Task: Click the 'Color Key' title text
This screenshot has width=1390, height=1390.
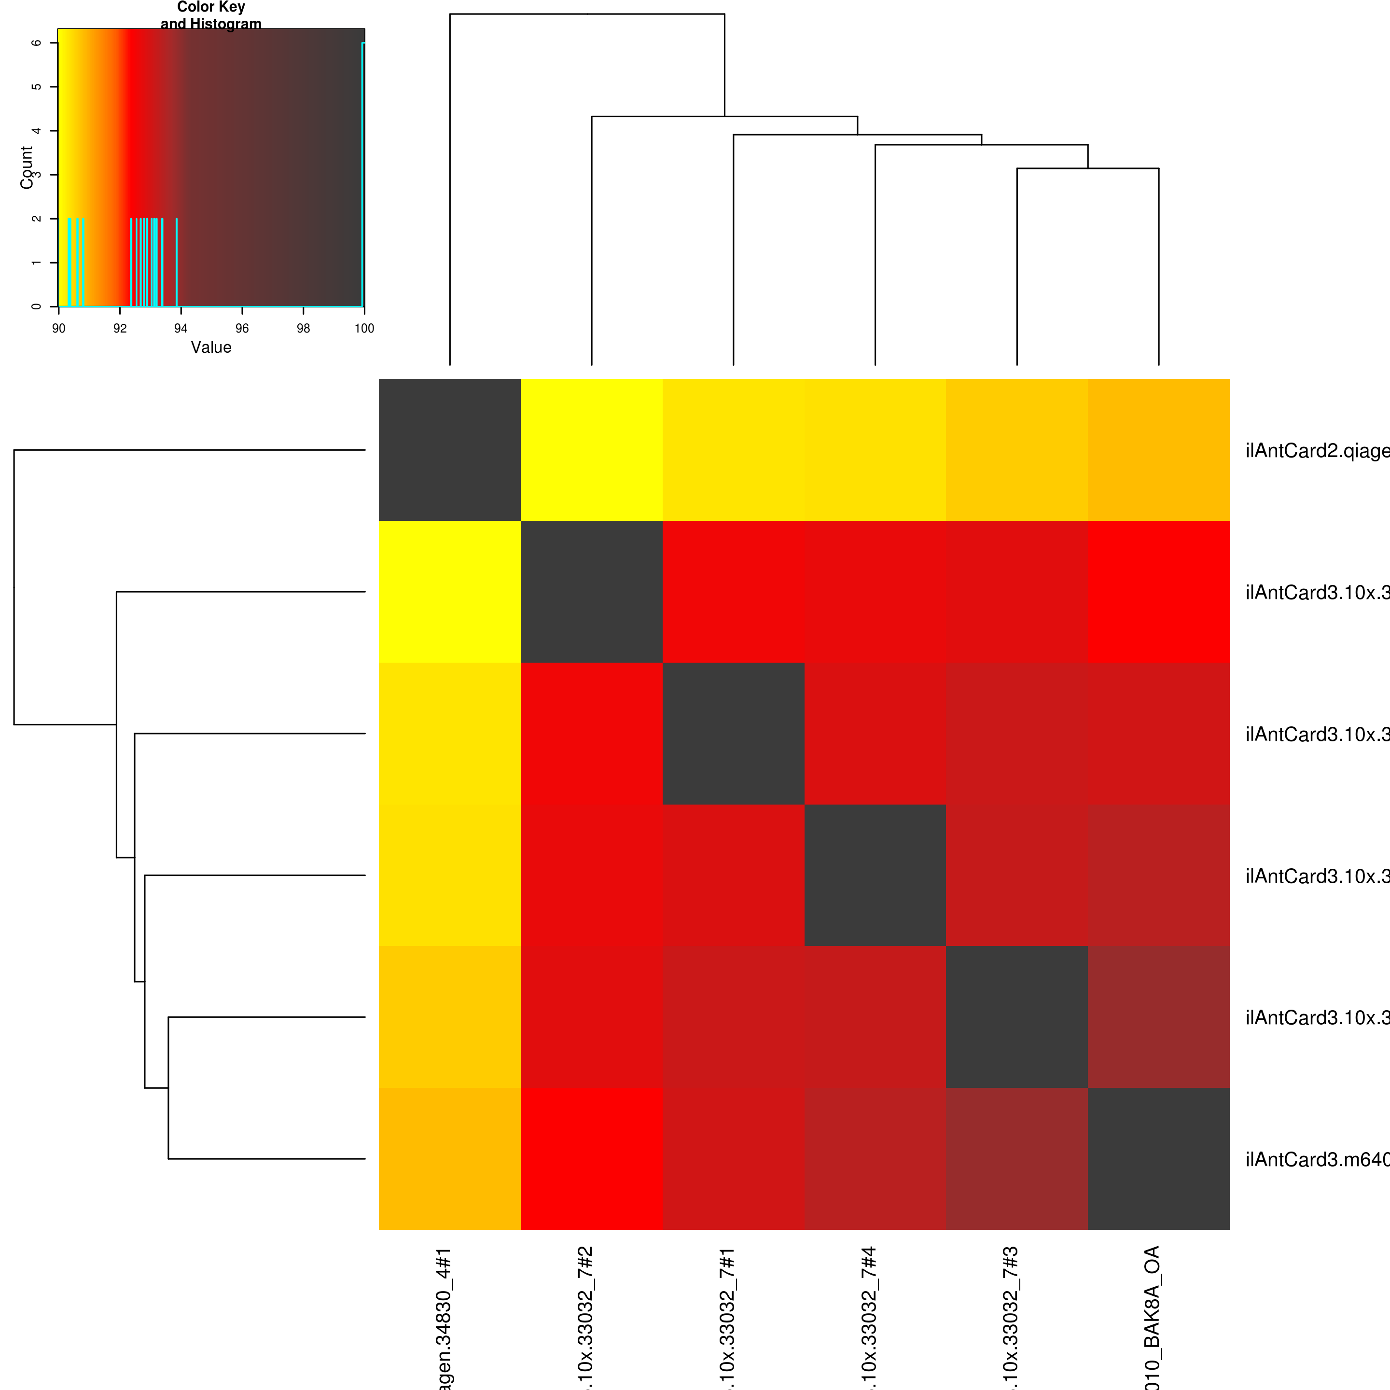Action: click(211, 8)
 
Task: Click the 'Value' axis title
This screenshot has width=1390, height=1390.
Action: click(211, 347)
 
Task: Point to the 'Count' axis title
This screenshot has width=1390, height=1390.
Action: click(27, 167)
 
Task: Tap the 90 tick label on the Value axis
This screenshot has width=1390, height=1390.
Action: click(58, 329)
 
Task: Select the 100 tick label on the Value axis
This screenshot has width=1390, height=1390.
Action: click(364, 329)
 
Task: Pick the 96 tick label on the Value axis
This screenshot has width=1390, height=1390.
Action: click(242, 329)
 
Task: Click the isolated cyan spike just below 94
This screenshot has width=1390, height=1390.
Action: click(176, 263)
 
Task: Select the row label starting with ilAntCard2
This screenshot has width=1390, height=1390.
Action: click(1317, 451)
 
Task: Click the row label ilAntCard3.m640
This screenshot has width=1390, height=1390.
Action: click(1317, 1160)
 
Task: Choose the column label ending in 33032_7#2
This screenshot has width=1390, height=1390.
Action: click(585, 1317)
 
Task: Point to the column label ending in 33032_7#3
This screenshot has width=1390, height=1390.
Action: click(1011, 1317)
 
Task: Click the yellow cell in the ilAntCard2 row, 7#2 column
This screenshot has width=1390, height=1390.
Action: click(591, 450)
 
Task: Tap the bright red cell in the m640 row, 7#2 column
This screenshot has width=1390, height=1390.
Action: click(591, 1158)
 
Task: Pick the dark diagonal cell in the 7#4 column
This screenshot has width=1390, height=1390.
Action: click(875, 875)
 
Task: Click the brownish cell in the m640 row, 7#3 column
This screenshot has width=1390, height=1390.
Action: click(1016, 1158)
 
